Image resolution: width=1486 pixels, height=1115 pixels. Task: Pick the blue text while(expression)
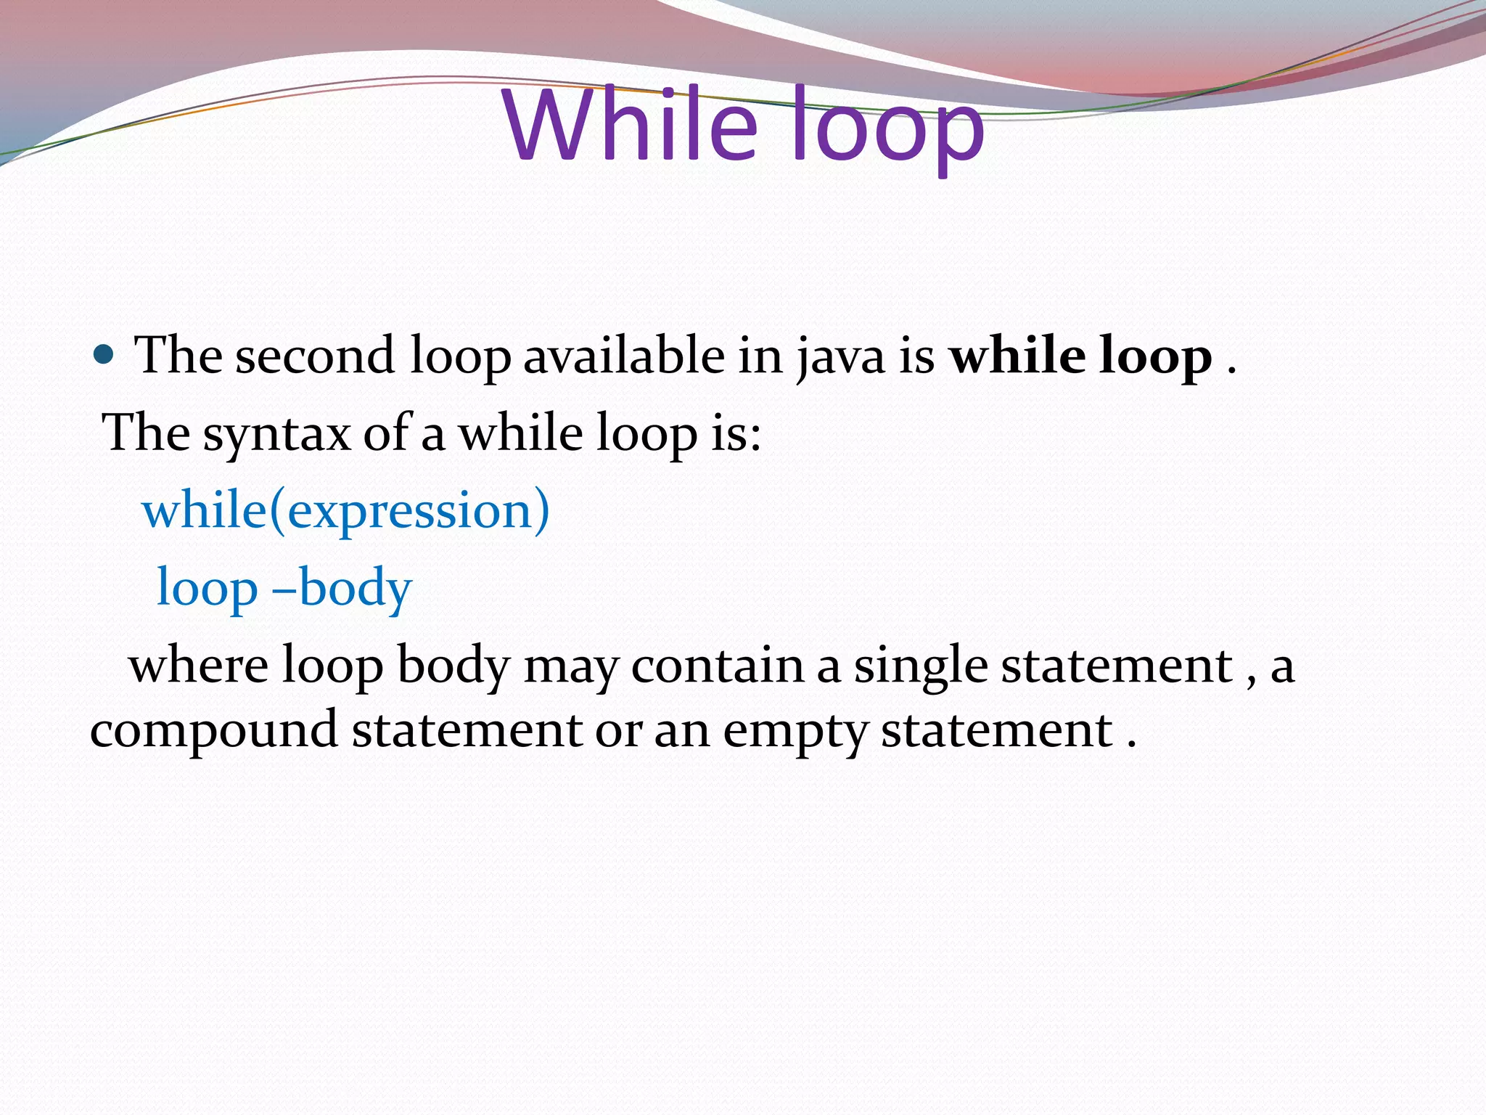click(x=346, y=510)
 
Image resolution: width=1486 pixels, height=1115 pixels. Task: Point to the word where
click(x=198, y=666)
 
